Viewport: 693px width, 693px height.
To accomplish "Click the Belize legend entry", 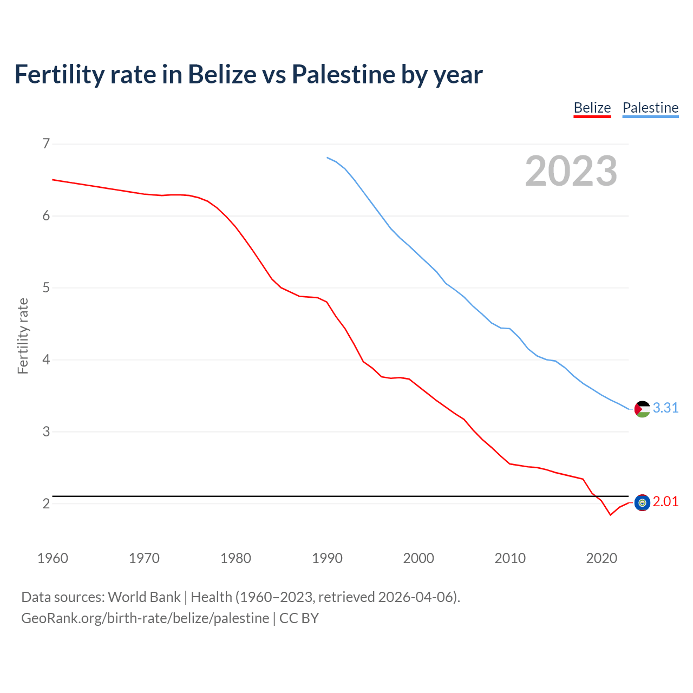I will [592, 108].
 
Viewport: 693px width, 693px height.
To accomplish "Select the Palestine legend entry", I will [650, 108].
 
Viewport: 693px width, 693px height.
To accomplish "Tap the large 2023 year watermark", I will [571, 171].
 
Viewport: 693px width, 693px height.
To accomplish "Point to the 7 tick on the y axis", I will [46, 143].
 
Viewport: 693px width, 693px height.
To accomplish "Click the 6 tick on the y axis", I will [46, 215].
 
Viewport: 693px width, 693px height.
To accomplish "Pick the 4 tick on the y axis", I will [46, 359].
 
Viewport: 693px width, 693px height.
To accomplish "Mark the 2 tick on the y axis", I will [46, 504].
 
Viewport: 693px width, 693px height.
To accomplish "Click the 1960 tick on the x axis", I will [53, 558].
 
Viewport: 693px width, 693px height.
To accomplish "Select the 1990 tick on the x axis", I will [327, 558].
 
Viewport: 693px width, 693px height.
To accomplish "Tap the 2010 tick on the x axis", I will [510, 558].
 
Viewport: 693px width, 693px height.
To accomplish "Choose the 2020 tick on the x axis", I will [602, 558].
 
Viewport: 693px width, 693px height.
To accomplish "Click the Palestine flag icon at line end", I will [642, 409].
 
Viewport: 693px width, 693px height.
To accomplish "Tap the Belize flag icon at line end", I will [642, 502].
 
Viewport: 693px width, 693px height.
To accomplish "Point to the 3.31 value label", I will [665, 408].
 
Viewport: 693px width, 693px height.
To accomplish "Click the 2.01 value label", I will [665, 502].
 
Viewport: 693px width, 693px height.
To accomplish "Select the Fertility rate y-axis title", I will [23, 336].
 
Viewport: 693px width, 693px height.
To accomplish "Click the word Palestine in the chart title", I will [343, 74].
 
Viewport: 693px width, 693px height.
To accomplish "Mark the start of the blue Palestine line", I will [327, 158].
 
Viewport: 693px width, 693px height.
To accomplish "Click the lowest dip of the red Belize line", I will [610, 514].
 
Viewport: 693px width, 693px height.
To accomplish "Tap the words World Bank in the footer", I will [144, 597].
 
